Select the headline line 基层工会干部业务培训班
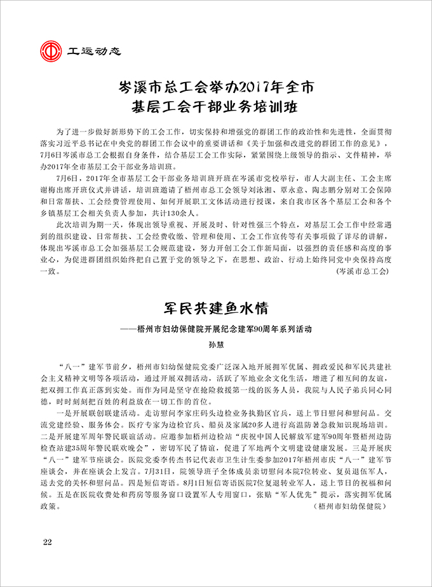(215, 105)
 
